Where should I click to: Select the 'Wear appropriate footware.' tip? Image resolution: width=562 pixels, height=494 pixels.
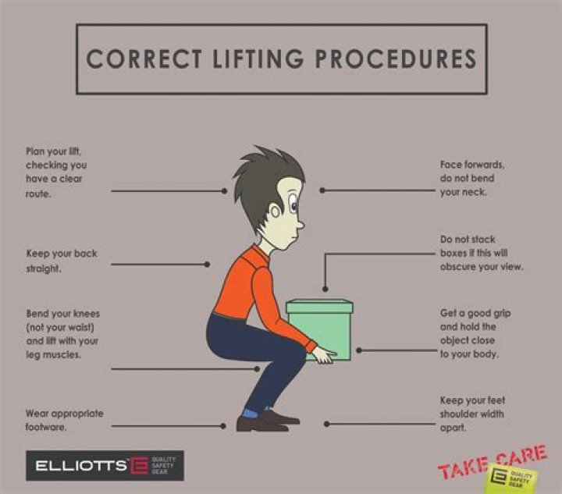(64, 419)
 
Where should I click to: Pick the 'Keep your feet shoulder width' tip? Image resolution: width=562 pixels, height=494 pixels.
(472, 414)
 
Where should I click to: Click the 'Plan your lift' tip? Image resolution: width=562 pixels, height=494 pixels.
(56, 172)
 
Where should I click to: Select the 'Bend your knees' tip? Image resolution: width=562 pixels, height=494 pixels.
(62, 333)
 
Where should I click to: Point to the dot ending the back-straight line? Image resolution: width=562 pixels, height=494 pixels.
(207, 265)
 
